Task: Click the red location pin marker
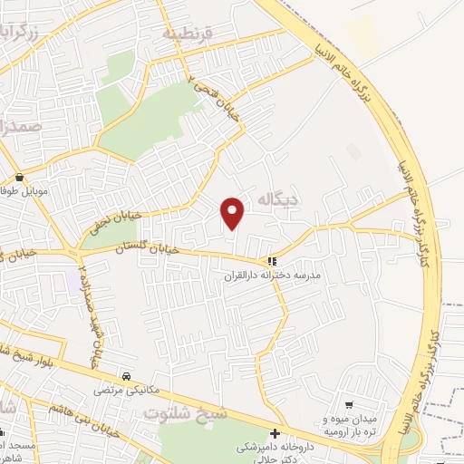[x=234, y=213]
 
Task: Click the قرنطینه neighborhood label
[x=186, y=34]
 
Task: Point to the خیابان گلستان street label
[x=144, y=247]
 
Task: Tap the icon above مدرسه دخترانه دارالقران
[x=271, y=260]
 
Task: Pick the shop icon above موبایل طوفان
[x=19, y=178]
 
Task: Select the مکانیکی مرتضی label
[x=126, y=390]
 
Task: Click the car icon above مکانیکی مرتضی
[x=126, y=375]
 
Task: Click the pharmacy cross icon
[x=275, y=433]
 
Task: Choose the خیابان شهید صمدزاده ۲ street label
[x=88, y=317]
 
